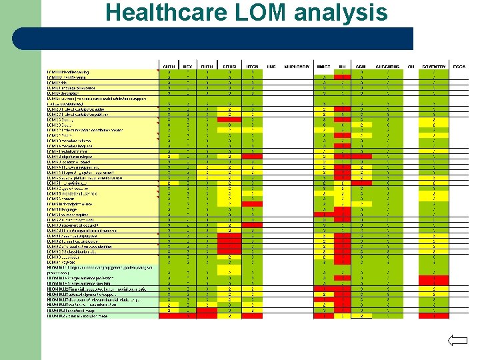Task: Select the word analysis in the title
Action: point(341,13)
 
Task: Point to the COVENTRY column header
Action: point(434,67)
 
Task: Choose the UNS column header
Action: point(271,67)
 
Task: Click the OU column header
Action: point(411,67)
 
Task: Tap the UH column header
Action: point(342,67)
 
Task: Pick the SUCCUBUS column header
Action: point(387,67)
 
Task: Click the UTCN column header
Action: point(253,67)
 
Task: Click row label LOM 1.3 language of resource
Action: point(73,87)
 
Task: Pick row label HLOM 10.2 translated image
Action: point(73,310)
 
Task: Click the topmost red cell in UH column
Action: point(342,77)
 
